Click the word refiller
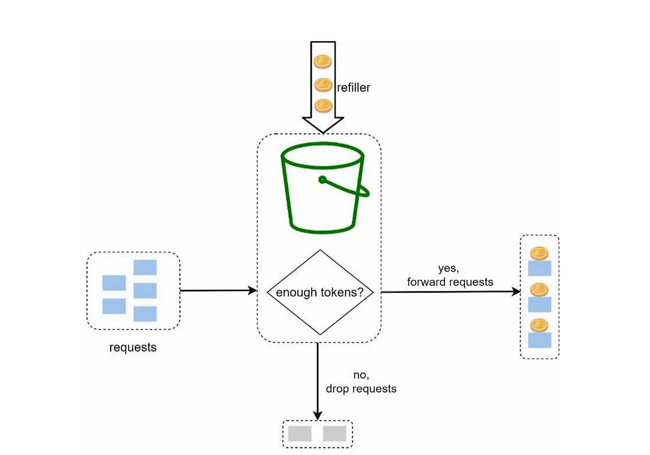click(x=354, y=87)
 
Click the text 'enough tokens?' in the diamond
click(x=320, y=292)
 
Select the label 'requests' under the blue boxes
click(x=133, y=348)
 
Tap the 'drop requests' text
click(x=361, y=389)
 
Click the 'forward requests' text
click(x=450, y=282)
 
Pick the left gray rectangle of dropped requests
click(x=300, y=433)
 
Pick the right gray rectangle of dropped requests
click(x=334, y=433)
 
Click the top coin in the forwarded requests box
click(x=539, y=253)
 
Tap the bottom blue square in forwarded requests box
click(x=539, y=340)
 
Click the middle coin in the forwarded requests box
click(x=539, y=289)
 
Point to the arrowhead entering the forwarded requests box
click(x=516, y=292)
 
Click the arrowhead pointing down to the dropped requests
click(x=317, y=415)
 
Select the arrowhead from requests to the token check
click(x=252, y=290)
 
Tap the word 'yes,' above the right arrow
click(x=449, y=269)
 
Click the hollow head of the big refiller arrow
click(x=323, y=124)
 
